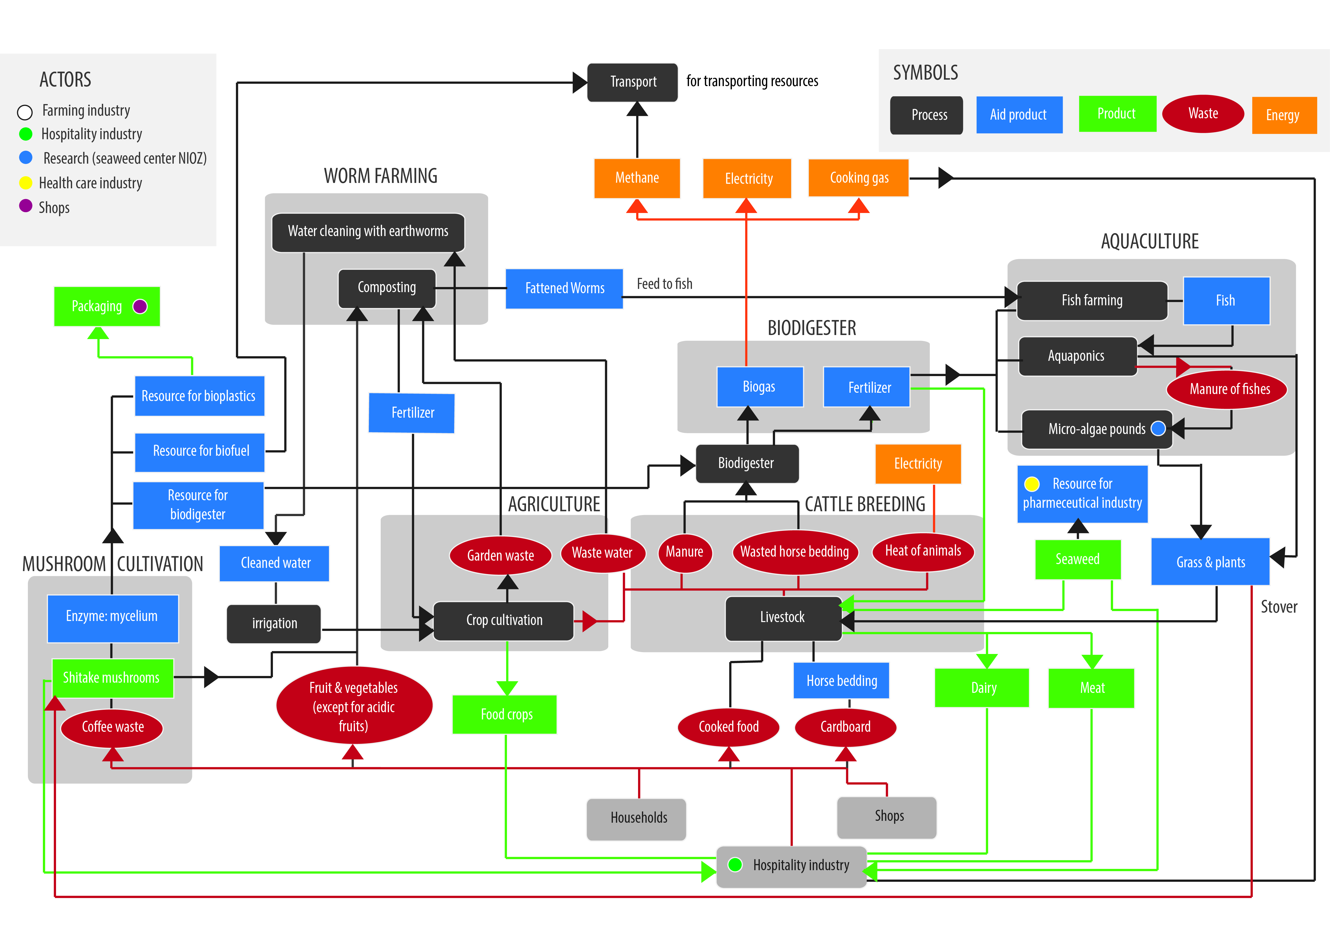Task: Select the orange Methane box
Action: (x=637, y=178)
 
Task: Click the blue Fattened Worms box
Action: (x=564, y=288)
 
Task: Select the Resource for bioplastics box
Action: (x=199, y=396)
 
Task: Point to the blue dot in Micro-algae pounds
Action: (x=1158, y=429)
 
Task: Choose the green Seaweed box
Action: (x=1077, y=559)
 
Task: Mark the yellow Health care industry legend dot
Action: (x=25, y=183)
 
